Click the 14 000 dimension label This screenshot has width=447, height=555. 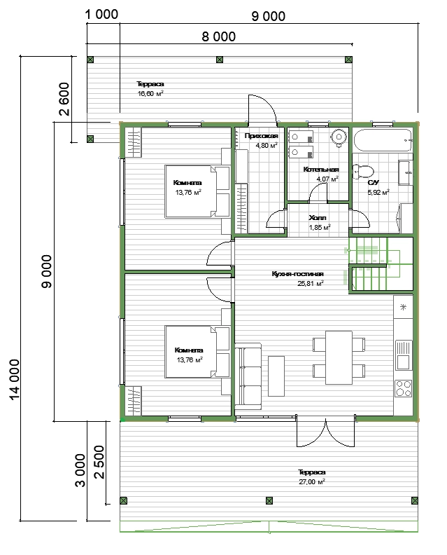point(14,379)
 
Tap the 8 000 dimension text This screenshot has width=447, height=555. point(219,36)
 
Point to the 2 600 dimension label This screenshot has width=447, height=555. point(64,99)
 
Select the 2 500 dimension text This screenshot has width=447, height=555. point(99,462)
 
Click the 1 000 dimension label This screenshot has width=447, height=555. point(101,15)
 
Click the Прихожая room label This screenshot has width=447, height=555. point(262,135)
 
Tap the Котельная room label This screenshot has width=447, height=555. point(321,170)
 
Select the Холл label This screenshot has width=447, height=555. point(318,218)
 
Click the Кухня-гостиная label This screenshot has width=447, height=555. point(297,273)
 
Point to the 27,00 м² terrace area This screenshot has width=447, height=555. point(312,481)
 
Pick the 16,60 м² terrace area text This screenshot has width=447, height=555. point(150,93)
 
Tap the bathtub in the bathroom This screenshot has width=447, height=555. point(383,141)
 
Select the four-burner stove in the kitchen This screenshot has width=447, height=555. point(403,388)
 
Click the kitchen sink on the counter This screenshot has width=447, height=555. point(403,355)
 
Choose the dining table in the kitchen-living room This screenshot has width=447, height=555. point(339,357)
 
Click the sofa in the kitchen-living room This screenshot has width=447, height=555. point(248,376)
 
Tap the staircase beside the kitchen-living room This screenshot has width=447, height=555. point(381,265)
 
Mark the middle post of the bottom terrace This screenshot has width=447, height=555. point(269,500)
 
